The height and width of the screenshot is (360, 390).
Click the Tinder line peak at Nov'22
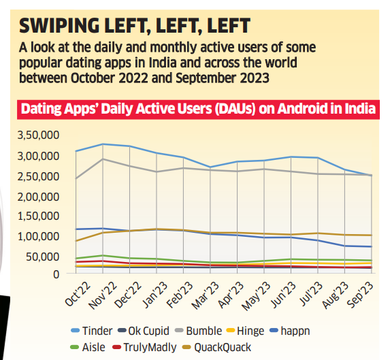[103, 144]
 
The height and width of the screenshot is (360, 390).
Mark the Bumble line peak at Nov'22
[103, 159]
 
